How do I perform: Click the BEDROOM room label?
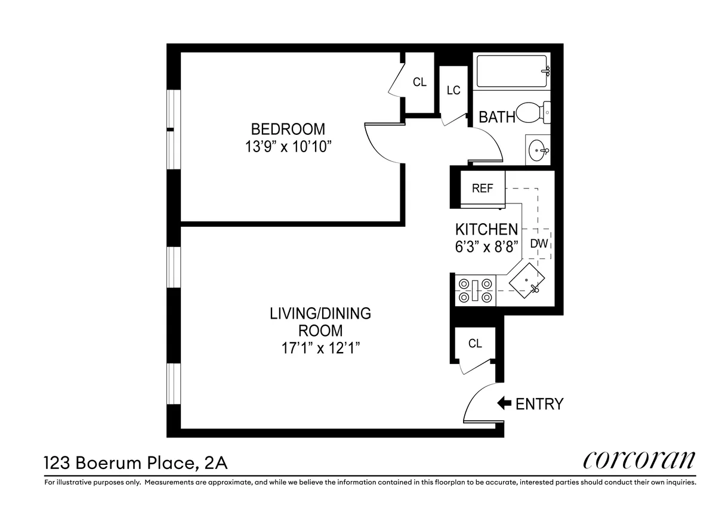[288, 129]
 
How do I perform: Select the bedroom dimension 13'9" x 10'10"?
[288, 147]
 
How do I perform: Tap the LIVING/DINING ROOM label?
[320, 322]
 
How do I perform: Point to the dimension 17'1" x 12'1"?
[320, 348]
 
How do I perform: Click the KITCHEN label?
[486, 229]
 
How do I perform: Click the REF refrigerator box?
[482, 189]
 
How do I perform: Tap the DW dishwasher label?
[539, 243]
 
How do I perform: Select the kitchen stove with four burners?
[475, 290]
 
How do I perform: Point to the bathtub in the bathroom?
[512, 72]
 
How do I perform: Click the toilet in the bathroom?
[532, 112]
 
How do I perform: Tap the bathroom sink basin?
[538, 149]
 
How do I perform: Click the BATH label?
[496, 117]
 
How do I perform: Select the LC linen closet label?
[453, 91]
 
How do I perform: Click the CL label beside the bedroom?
[419, 82]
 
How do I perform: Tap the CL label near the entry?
[475, 344]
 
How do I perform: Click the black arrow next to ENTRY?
[504, 403]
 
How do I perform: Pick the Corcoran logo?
[639, 461]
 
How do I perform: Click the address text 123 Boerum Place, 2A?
[136, 462]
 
